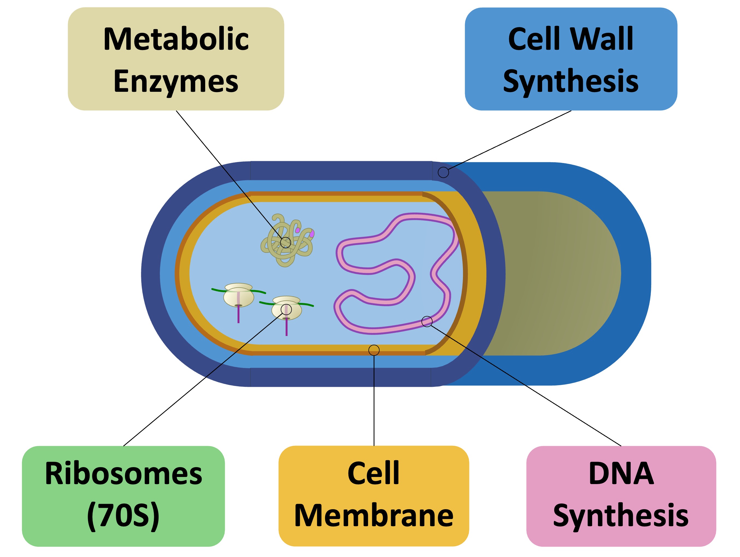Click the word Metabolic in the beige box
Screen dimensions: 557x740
point(176,39)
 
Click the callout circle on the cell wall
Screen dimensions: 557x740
point(443,172)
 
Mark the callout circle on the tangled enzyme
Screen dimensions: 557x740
point(285,242)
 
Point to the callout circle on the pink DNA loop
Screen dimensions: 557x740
point(427,322)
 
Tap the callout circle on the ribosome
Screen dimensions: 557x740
point(286,310)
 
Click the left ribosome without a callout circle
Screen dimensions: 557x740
point(239,296)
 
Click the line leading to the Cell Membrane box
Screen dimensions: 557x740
point(374,401)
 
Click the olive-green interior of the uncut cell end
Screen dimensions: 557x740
point(552,274)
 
